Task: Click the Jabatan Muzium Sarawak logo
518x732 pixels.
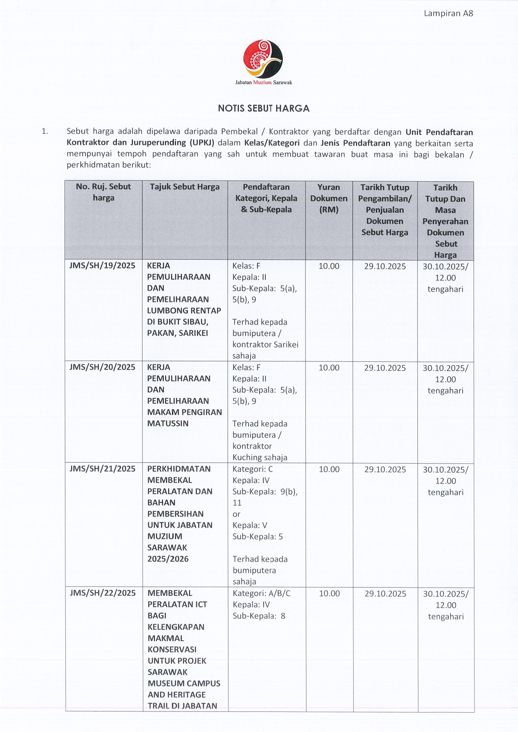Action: tap(263, 59)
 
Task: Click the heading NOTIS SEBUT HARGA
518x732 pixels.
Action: tap(264, 108)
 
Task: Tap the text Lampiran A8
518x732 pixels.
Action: tap(448, 13)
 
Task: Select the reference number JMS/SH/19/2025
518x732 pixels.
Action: tap(102, 265)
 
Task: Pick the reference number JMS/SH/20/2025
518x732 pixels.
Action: tap(102, 367)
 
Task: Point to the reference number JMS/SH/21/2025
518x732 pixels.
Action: tap(102, 469)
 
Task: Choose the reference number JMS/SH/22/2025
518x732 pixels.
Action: tap(103, 593)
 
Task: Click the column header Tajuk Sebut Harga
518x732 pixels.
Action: tap(185, 187)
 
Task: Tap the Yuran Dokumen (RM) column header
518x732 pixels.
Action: tap(329, 198)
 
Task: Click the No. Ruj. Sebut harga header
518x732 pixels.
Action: tap(103, 192)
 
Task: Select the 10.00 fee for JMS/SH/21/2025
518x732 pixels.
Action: tap(329, 469)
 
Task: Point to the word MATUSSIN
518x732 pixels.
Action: tap(168, 423)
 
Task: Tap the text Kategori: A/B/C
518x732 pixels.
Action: tap(262, 593)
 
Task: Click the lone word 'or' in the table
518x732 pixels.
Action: tap(236, 514)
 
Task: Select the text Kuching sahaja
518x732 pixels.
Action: tap(260, 457)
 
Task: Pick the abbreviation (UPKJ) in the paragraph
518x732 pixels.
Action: tap(202, 143)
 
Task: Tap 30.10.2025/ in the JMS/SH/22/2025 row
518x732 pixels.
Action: tap(445, 594)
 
